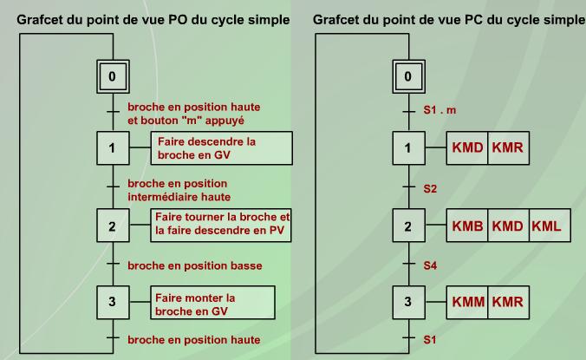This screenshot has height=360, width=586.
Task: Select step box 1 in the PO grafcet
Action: click(111, 148)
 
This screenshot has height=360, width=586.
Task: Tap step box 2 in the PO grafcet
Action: click(111, 226)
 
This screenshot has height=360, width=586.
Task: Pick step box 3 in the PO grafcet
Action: click(111, 304)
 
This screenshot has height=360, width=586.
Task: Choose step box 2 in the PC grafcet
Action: click(408, 226)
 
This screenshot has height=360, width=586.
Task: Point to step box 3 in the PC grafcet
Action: click(408, 304)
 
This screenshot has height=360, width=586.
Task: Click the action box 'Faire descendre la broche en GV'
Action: click(223, 148)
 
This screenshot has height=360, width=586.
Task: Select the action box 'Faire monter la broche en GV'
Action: click(212, 304)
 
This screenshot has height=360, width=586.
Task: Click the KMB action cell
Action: click(467, 227)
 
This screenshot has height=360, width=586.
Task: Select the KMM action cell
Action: click(467, 304)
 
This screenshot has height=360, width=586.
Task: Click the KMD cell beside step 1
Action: click(467, 148)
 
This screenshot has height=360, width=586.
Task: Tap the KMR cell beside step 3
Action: click(507, 304)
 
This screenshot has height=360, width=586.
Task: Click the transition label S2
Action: click(430, 187)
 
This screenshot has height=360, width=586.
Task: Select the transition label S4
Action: click(430, 265)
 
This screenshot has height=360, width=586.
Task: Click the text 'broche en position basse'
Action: click(194, 265)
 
